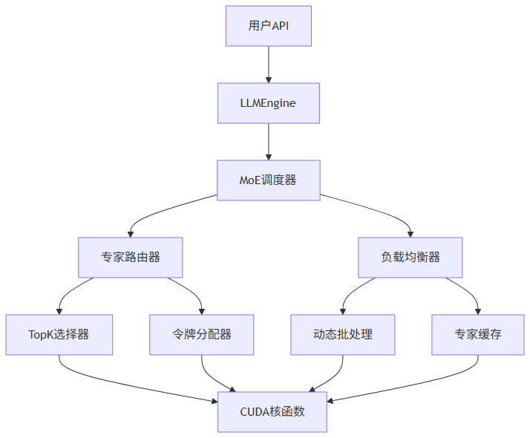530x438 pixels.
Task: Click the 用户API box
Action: (268, 26)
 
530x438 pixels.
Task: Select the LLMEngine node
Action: (268, 103)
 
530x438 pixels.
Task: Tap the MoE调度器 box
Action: (268, 180)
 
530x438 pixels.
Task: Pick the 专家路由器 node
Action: (131, 258)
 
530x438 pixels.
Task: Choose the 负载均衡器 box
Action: (410, 258)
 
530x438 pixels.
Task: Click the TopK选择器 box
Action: (59, 335)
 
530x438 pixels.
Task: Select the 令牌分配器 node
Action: (201, 335)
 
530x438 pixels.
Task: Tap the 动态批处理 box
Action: (343, 335)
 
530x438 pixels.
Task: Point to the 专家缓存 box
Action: (478, 335)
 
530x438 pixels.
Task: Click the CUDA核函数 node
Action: (272, 412)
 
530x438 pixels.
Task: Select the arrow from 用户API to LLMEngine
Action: (268, 65)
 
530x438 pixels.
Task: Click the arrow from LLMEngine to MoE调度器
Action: (268, 142)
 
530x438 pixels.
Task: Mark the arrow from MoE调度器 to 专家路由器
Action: (160, 211)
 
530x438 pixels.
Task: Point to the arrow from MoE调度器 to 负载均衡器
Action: (379, 211)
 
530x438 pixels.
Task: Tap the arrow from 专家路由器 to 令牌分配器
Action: (192, 291)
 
